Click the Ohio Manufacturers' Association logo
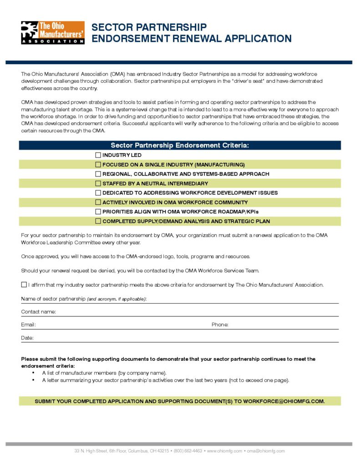tap(52, 32)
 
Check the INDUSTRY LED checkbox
tap(98, 155)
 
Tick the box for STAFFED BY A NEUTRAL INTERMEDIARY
tap(98, 183)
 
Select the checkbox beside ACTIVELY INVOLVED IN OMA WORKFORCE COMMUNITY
tap(98, 202)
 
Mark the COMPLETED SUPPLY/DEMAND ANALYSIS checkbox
tap(98, 221)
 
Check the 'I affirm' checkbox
tap(24, 285)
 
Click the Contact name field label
tap(38, 312)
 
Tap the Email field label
tap(28, 325)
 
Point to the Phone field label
tap(220, 325)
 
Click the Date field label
tap(27, 338)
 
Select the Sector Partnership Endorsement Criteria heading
tap(180, 146)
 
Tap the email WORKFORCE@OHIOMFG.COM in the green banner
tap(284, 402)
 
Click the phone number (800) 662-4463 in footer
tap(188, 451)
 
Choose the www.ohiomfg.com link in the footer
tap(224, 451)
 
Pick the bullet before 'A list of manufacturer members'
tap(34, 373)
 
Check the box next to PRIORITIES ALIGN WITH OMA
tap(98, 212)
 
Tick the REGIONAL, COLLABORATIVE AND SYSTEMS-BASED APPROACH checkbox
tap(98, 174)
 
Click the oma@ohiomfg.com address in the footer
tap(266, 451)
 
